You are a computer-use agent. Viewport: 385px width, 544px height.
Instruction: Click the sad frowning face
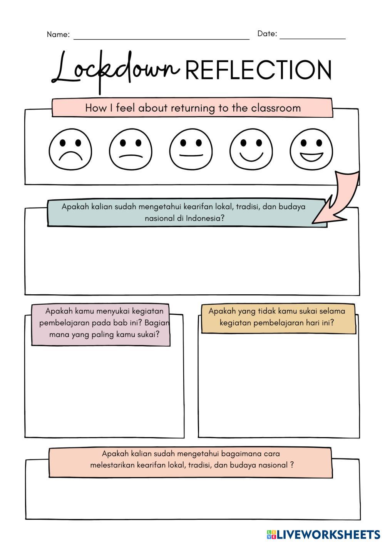click(70, 150)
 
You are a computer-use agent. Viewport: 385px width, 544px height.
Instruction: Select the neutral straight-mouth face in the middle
click(191, 150)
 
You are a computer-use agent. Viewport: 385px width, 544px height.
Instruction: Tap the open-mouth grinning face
click(311, 150)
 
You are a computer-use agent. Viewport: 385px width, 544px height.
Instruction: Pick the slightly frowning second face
click(131, 150)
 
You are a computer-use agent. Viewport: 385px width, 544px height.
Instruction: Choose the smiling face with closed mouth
click(251, 150)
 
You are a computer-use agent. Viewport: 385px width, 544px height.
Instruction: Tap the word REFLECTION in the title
click(258, 70)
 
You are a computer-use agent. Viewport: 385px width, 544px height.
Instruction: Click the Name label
click(58, 35)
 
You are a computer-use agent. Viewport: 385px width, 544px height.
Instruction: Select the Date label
click(267, 34)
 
